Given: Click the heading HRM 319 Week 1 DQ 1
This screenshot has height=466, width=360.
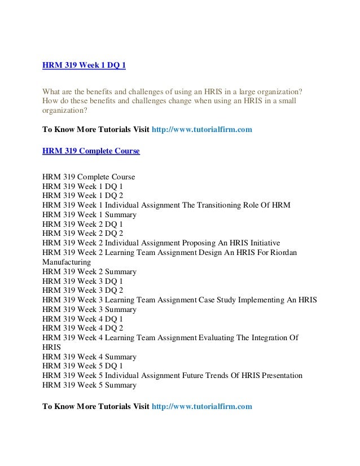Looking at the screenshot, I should click(84, 65).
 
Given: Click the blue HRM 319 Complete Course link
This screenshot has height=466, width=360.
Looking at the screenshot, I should click(91, 151).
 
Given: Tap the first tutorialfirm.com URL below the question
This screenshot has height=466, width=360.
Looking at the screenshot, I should click(202, 129).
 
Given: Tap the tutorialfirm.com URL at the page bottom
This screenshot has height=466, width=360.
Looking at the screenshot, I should click(202, 406).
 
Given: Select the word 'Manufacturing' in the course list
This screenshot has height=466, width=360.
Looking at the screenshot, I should click(67, 262).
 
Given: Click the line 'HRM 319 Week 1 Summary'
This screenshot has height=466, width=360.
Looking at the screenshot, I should click(89, 214).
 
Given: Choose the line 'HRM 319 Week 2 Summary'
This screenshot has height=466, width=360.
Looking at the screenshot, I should click(89, 271).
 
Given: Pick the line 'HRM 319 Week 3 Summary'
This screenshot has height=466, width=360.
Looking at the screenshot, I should click(89, 309).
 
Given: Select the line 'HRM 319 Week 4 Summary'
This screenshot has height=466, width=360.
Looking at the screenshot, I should click(89, 357).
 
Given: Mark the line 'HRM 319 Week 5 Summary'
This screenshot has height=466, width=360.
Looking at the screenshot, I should click(89, 385).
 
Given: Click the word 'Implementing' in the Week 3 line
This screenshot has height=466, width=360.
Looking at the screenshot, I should click(262, 300).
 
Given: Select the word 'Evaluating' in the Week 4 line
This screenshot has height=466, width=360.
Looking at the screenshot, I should click(218, 338).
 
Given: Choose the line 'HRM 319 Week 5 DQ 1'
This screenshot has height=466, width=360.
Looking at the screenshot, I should click(82, 366).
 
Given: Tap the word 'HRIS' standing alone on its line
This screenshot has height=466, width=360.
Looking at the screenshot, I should click(51, 348).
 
